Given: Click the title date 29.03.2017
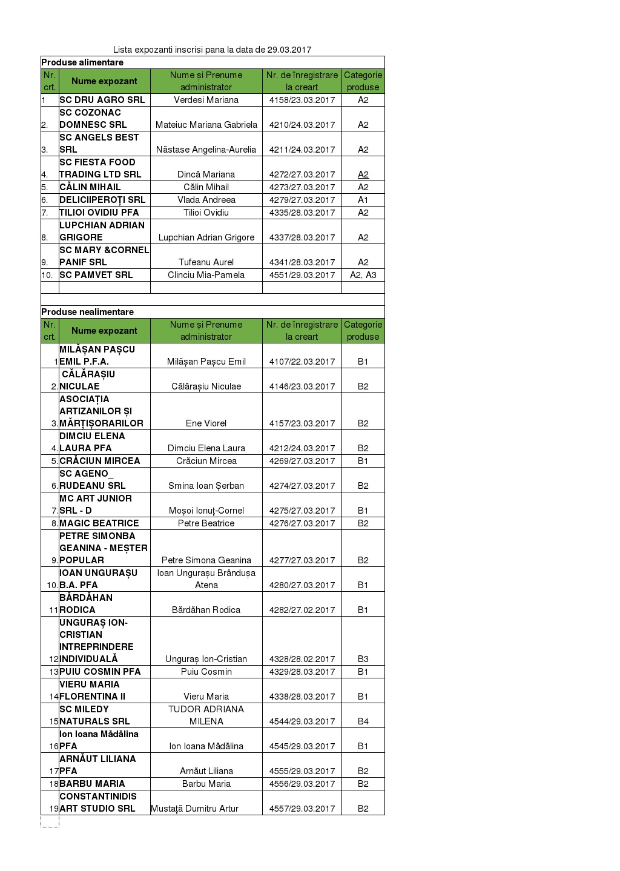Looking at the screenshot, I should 289,50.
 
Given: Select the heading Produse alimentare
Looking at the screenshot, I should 82,62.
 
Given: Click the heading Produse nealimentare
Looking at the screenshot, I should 87,312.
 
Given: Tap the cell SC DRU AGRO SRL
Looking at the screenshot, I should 102,100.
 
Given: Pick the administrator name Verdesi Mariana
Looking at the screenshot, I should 206,100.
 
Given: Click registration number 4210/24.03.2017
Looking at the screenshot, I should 302,125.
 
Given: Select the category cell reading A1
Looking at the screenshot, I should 363,200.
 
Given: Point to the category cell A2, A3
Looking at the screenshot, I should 363,275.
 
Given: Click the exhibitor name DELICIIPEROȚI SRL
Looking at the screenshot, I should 102,200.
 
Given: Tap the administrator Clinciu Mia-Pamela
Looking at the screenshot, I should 206,275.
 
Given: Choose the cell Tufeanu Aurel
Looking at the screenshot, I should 206,262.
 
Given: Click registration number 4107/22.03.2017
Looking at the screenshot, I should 302,362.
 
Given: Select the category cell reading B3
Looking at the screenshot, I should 363,659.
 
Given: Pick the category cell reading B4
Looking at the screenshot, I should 363,721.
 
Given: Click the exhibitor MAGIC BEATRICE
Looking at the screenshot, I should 99,523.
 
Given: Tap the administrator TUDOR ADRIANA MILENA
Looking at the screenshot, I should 206,715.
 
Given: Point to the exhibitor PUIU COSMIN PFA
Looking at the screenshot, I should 100,672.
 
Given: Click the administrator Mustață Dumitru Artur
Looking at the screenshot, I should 194,809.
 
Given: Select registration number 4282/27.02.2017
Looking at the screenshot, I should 302,610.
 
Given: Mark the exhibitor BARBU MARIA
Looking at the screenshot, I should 92,784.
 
